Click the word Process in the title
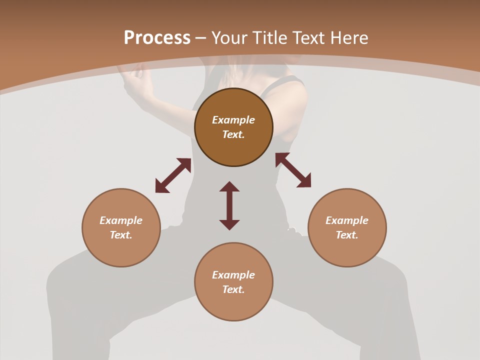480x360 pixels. (157, 38)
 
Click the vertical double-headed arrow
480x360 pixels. (229, 205)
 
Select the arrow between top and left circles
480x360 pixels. (173, 175)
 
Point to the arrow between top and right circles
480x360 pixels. (293, 170)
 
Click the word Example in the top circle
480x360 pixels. (233, 120)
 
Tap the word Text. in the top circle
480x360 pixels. (233, 134)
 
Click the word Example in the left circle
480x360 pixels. (121, 220)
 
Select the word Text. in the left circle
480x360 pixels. (121, 235)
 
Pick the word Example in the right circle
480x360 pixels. (347, 220)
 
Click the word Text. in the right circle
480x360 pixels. (347, 235)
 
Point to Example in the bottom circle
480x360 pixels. (233, 275)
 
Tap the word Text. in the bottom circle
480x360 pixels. (233, 289)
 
